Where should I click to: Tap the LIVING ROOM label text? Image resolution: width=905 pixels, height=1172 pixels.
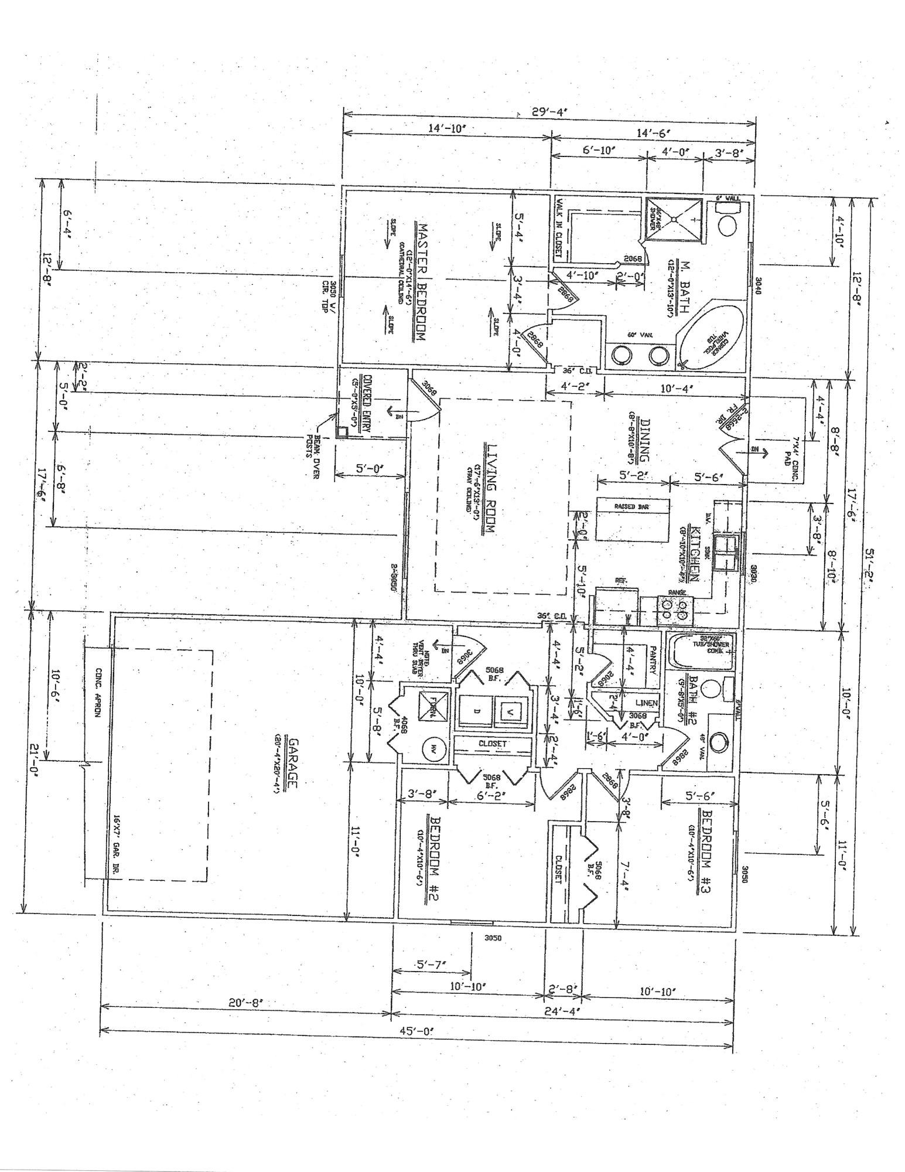(490, 488)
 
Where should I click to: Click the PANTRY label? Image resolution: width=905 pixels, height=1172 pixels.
(653, 659)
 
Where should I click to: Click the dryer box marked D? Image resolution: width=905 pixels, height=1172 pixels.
(476, 711)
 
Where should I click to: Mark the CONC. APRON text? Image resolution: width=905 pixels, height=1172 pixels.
(98, 693)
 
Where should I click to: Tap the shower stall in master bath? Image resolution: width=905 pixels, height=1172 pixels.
(674, 219)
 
